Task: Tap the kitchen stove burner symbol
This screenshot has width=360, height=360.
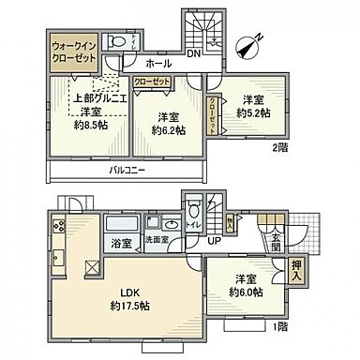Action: (x=59, y=226)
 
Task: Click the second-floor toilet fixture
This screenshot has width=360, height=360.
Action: (x=114, y=42)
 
